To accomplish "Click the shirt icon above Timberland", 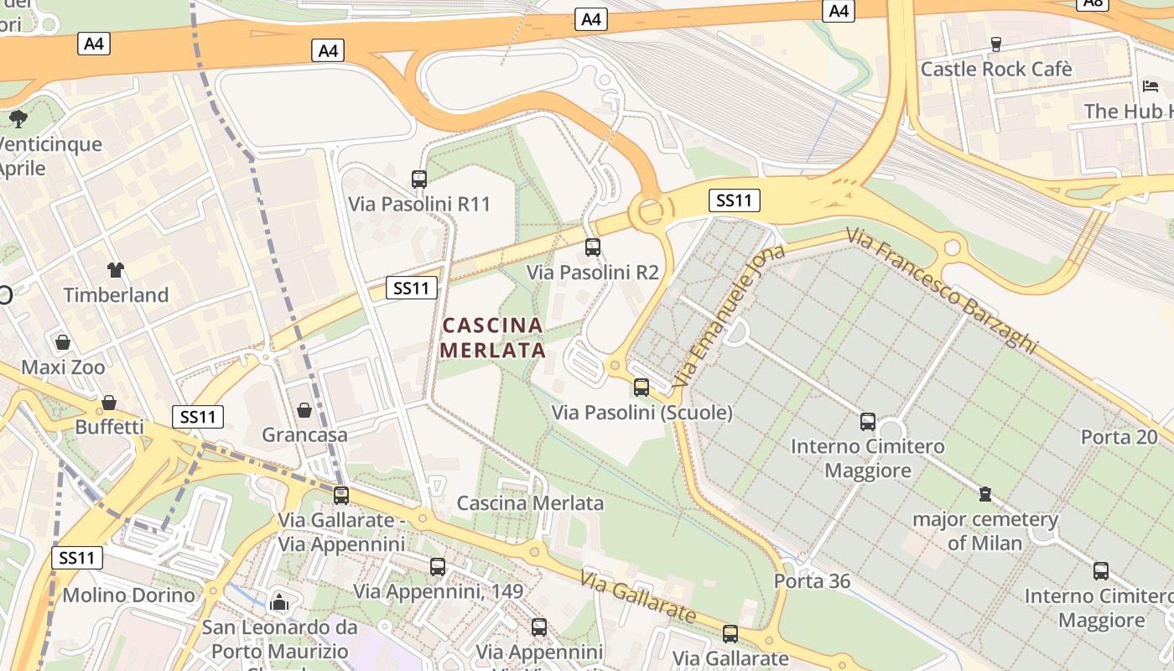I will point(115,269).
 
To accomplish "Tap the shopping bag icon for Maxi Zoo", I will point(63,342).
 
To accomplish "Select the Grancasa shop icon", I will point(304,410).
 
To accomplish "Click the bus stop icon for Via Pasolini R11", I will point(419,179).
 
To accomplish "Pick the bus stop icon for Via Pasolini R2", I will point(593,247).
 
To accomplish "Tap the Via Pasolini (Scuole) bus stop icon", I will point(642,388).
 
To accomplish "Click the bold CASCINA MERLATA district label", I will point(492,337).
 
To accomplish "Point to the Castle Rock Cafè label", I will point(995,69).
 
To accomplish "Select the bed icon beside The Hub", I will point(1151,86).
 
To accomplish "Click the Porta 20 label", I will point(1119,437).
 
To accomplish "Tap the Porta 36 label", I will point(812,581).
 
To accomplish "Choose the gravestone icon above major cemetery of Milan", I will point(985,494).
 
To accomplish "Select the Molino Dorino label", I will point(128,596).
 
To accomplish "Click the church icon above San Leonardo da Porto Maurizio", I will point(279,602).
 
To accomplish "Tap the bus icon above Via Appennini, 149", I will point(438,566).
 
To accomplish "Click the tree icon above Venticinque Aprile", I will point(18,118).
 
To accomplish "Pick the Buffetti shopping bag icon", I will point(109,403).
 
